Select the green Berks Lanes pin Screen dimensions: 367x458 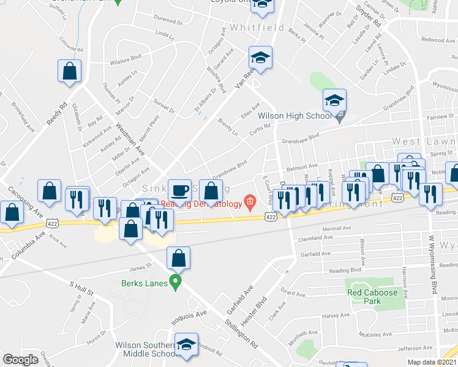coord(176,282)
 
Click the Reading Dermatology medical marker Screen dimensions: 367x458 coord(250,201)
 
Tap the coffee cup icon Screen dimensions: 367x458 coord(179,190)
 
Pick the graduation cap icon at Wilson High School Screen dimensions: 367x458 coord(335,100)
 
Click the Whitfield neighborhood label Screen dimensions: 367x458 coord(257,28)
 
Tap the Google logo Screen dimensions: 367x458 coord(20,360)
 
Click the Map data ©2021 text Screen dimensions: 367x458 coord(432,362)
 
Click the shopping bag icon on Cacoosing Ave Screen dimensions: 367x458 coord(12,212)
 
